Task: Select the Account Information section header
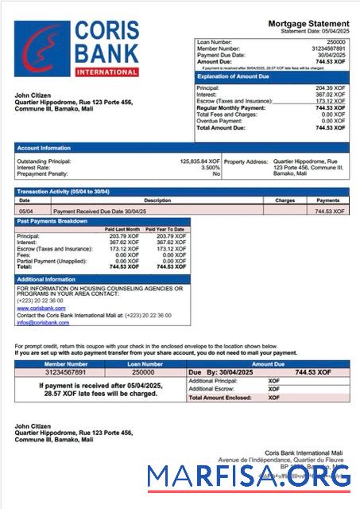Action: [45, 148]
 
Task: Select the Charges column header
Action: [285, 200]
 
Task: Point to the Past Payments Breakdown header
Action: [54, 222]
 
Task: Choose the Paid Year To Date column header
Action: [168, 230]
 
